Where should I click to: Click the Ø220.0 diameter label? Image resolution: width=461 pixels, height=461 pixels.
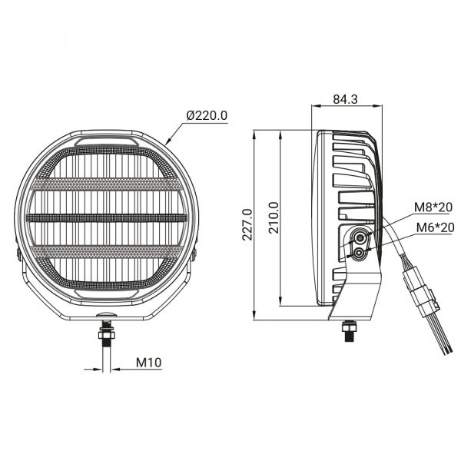207,115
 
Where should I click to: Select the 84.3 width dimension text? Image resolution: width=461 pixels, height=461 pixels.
345,99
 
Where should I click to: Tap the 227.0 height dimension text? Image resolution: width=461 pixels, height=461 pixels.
247,224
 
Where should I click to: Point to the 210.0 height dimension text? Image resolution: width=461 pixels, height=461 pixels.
274,218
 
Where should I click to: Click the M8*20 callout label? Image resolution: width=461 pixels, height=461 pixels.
433,207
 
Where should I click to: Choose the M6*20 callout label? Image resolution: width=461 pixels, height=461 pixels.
436,227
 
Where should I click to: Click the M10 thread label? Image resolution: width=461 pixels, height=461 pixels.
149,363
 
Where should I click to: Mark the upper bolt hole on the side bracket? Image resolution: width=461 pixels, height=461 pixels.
360,237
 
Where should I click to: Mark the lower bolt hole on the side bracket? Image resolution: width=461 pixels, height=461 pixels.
359,253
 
